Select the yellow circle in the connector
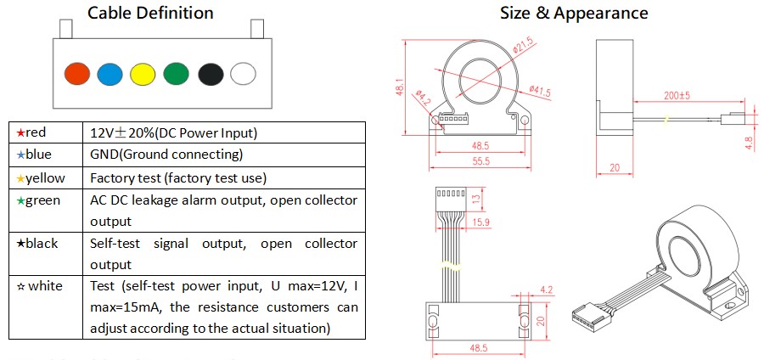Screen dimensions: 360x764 (143, 74)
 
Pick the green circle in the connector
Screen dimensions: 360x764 (176, 74)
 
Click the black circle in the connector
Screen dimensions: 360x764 (210, 74)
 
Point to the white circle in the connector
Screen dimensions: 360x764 (243, 74)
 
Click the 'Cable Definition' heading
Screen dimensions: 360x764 (151, 13)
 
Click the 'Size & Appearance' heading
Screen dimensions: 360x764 (574, 13)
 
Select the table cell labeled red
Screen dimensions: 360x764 (46, 133)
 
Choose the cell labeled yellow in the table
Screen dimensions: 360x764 (46, 178)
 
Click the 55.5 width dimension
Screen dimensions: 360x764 (480, 160)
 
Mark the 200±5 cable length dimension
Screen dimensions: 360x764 (675, 97)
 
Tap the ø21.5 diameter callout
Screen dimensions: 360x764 (524, 42)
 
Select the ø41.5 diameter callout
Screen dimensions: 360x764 (540, 91)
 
